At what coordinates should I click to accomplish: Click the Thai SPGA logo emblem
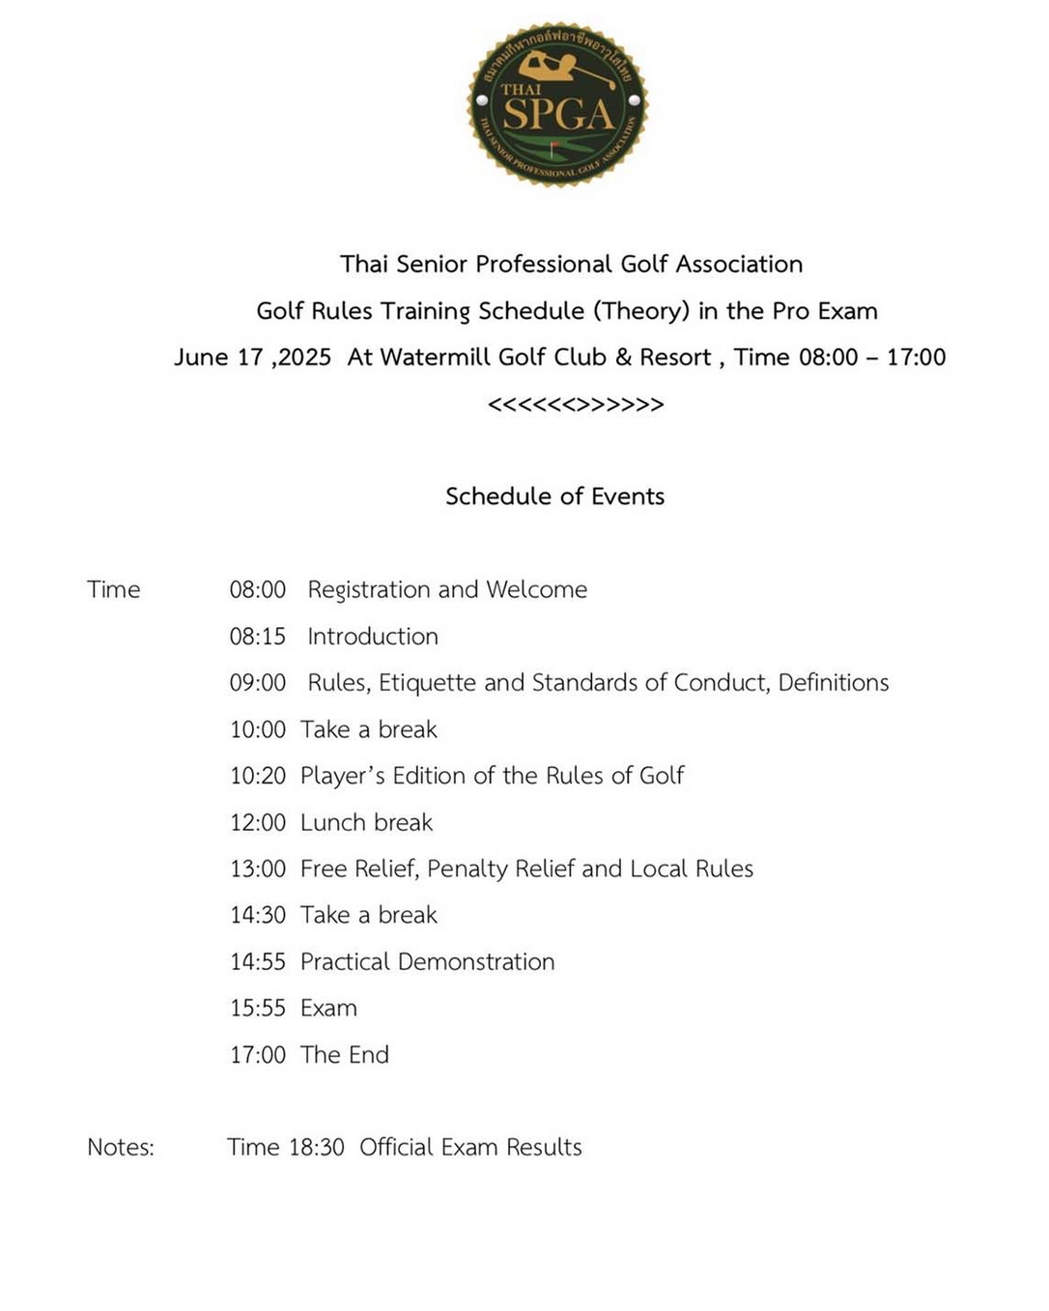pos(557,103)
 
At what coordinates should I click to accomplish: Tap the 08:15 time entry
pos(258,637)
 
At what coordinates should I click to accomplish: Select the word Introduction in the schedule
pos(373,637)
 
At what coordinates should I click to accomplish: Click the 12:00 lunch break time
pos(258,823)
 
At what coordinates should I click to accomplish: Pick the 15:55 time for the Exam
pos(258,1009)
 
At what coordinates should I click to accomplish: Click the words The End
pos(345,1055)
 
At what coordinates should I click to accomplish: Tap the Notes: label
pos(121,1148)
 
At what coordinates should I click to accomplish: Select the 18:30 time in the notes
pos(316,1148)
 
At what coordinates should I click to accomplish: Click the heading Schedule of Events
pos(554,497)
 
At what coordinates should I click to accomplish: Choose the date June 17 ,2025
pos(252,357)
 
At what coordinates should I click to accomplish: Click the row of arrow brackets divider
pos(576,405)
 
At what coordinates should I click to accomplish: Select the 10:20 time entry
pos(258,776)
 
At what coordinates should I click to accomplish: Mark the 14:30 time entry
pos(258,915)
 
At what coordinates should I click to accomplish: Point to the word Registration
pos(369,590)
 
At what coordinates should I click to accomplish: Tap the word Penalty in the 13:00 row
pos(468,869)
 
